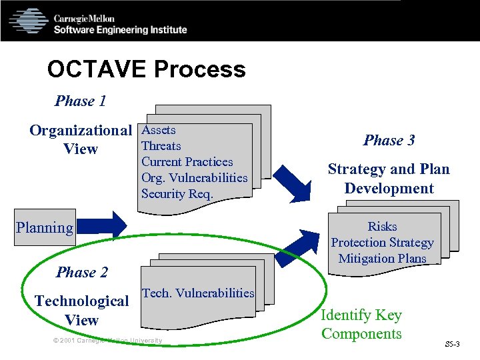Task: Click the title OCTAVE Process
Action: (x=146, y=69)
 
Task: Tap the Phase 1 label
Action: (x=80, y=101)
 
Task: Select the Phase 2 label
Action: (x=82, y=272)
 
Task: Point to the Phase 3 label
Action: (x=389, y=140)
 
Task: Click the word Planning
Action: (x=45, y=227)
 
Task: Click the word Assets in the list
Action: (x=159, y=130)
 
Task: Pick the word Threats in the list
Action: (x=161, y=146)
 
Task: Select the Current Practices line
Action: (x=187, y=162)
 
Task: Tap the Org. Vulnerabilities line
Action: (x=195, y=178)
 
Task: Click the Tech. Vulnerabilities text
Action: (x=199, y=293)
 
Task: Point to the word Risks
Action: (x=382, y=227)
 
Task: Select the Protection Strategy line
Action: (x=382, y=243)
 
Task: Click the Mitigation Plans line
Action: (x=382, y=259)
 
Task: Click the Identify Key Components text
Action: (x=361, y=324)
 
